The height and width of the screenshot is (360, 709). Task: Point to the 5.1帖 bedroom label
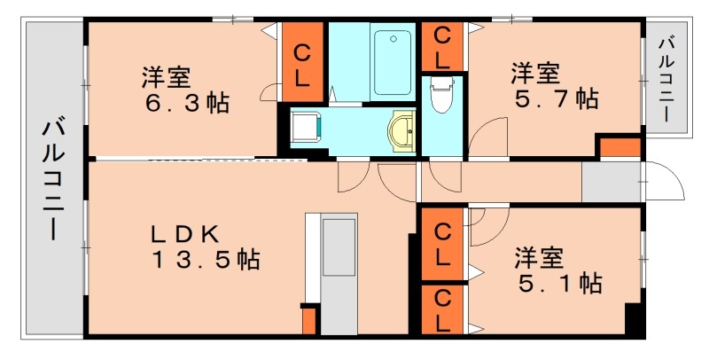click(x=559, y=270)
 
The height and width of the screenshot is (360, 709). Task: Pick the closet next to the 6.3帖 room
click(x=302, y=62)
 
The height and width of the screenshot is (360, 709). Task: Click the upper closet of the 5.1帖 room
click(x=442, y=243)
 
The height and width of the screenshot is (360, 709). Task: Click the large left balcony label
click(x=53, y=182)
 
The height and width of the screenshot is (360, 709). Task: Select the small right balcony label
click(x=669, y=78)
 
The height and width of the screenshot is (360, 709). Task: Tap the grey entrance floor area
click(x=612, y=183)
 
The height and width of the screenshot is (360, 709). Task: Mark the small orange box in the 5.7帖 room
click(x=619, y=147)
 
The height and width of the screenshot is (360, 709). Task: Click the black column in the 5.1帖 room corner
click(x=633, y=319)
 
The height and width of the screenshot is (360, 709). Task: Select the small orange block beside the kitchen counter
click(x=309, y=319)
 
